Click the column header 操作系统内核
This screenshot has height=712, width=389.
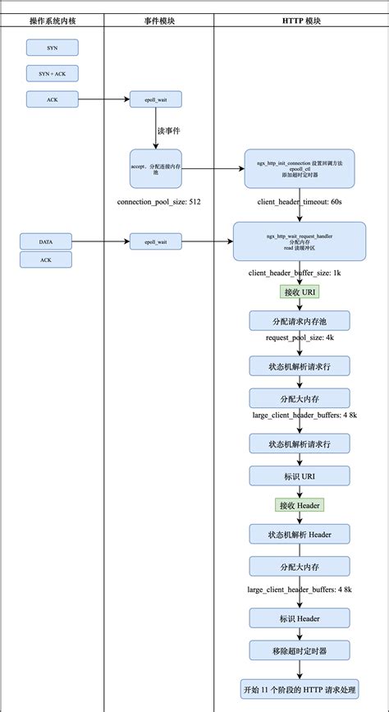click(x=51, y=20)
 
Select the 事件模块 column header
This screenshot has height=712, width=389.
click(x=158, y=20)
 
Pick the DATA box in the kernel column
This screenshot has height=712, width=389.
click(x=46, y=241)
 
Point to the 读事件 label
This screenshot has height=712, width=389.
click(x=168, y=130)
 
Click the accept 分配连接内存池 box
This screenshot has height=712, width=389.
click(x=155, y=168)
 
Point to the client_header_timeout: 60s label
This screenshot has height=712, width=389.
click(x=299, y=200)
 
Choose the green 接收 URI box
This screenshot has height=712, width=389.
click(x=299, y=292)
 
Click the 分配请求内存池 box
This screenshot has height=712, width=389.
click(x=299, y=320)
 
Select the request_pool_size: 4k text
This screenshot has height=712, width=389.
click(x=299, y=338)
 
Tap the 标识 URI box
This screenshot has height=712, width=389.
click(x=299, y=476)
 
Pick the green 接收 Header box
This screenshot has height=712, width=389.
click(x=299, y=504)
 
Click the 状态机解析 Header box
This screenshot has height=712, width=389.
click(x=299, y=534)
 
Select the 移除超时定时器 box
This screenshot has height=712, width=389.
click(x=299, y=650)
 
